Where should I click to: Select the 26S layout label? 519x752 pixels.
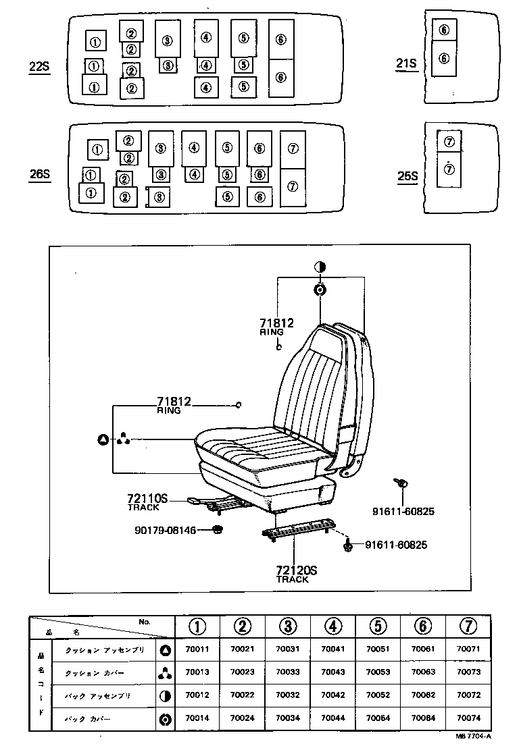pyautogui.click(x=39, y=174)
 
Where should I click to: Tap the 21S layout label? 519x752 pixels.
pyautogui.click(x=407, y=64)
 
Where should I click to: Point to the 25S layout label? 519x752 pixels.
pyautogui.click(x=407, y=176)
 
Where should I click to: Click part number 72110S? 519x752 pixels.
pyautogui.click(x=147, y=500)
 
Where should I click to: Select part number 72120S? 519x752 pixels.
pyautogui.click(x=296, y=570)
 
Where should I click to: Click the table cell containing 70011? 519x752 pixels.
pyautogui.click(x=197, y=651)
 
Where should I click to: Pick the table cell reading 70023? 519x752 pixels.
pyautogui.click(x=242, y=672)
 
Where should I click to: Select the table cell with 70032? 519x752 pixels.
pyautogui.click(x=287, y=695)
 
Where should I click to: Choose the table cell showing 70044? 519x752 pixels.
pyautogui.click(x=332, y=718)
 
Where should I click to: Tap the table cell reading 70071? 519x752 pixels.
pyautogui.click(x=468, y=651)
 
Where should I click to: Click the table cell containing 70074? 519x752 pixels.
pyautogui.click(x=468, y=718)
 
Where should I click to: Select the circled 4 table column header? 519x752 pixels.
pyautogui.click(x=332, y=626)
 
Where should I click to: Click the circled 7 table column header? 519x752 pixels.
pyautogui.click(x=468, y=626)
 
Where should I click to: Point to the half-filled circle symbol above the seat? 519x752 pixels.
pyautogui.click(x=320, y=267)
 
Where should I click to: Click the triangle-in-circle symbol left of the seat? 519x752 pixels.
pyautogui.click(x=103, y=440)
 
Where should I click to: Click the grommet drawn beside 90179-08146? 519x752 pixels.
pyautogui.click(x=218, y=530)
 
